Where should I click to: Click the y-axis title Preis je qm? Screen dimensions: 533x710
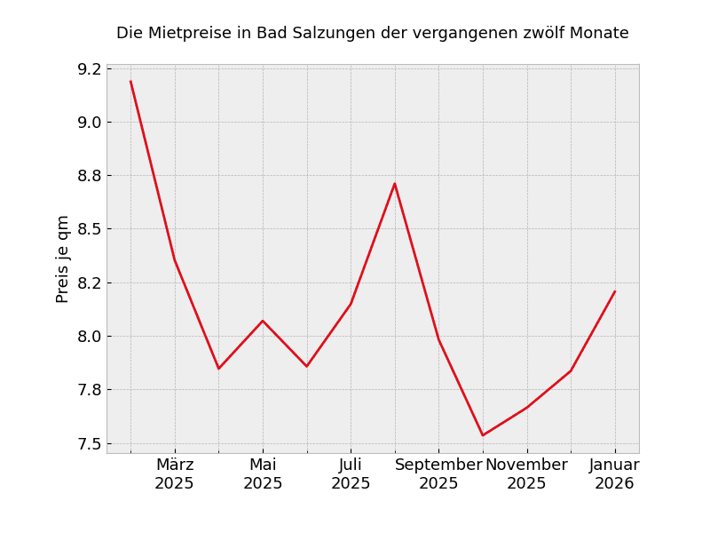coord(63,259)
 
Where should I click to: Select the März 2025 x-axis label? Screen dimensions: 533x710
coord(175,474)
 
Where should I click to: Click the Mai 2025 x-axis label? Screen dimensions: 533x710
coord(263,474)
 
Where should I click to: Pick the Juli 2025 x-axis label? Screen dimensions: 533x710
coord(351,474)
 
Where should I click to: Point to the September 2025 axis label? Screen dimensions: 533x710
coord(438,474)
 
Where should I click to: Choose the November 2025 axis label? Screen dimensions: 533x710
coord(526,474)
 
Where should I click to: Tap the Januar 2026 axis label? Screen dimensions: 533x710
coord(614,474)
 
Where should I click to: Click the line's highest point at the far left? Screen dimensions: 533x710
coord(130,82)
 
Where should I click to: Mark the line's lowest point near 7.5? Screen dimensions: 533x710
coord(483,435)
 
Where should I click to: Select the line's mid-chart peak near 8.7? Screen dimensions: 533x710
coord(395,184)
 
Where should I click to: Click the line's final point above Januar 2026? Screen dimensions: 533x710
coord(614,291)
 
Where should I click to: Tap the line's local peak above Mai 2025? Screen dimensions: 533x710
coord(263,321)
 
